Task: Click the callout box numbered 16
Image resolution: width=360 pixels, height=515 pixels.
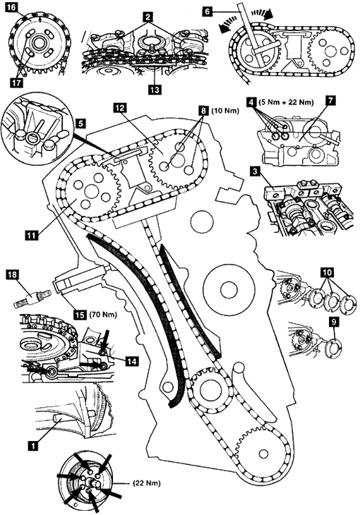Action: tap(12, 7)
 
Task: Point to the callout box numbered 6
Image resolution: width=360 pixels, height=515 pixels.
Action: tap(207, 11)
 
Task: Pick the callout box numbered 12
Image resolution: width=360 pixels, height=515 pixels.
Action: tap(120, 109)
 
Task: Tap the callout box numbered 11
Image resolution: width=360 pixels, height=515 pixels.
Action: tap(31, 235)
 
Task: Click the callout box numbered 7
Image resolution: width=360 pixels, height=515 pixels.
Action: tap(331, 101)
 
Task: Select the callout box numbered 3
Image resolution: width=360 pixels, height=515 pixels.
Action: tap(254, 171)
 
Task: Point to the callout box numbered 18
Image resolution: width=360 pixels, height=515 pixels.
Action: tap(13, 274)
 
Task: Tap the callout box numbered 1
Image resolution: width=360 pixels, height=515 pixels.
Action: tap(32, 445)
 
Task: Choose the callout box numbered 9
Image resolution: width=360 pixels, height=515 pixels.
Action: tap(334, 323)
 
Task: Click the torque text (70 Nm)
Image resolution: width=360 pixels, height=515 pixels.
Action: tap(103, 315)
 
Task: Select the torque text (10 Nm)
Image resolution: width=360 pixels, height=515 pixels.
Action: tap(225, 111)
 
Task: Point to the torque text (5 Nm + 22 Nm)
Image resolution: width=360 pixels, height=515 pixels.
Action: tap(285, 102)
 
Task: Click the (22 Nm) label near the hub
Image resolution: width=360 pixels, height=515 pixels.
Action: tap(147, 483)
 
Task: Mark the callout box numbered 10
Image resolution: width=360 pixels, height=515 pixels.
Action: tap(328, 272)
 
